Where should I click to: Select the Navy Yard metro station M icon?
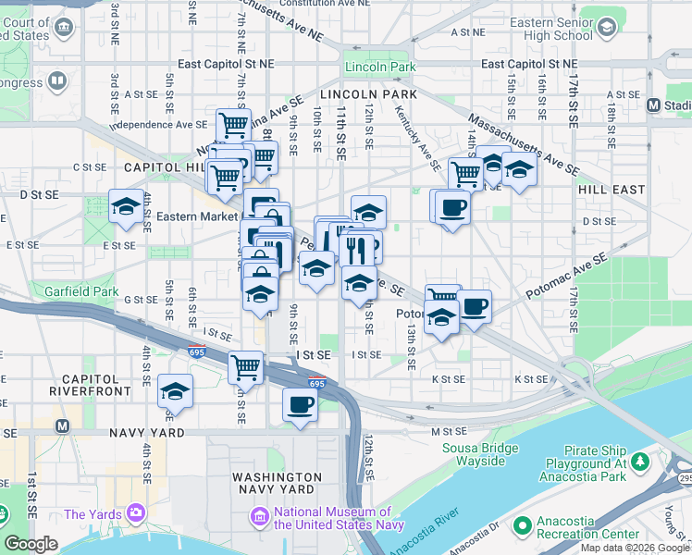[63, 426]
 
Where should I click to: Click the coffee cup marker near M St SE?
[300, 404]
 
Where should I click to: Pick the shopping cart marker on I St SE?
[245, 366]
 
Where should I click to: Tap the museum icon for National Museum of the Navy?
[258, 513]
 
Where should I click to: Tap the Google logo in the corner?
[31, 544]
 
